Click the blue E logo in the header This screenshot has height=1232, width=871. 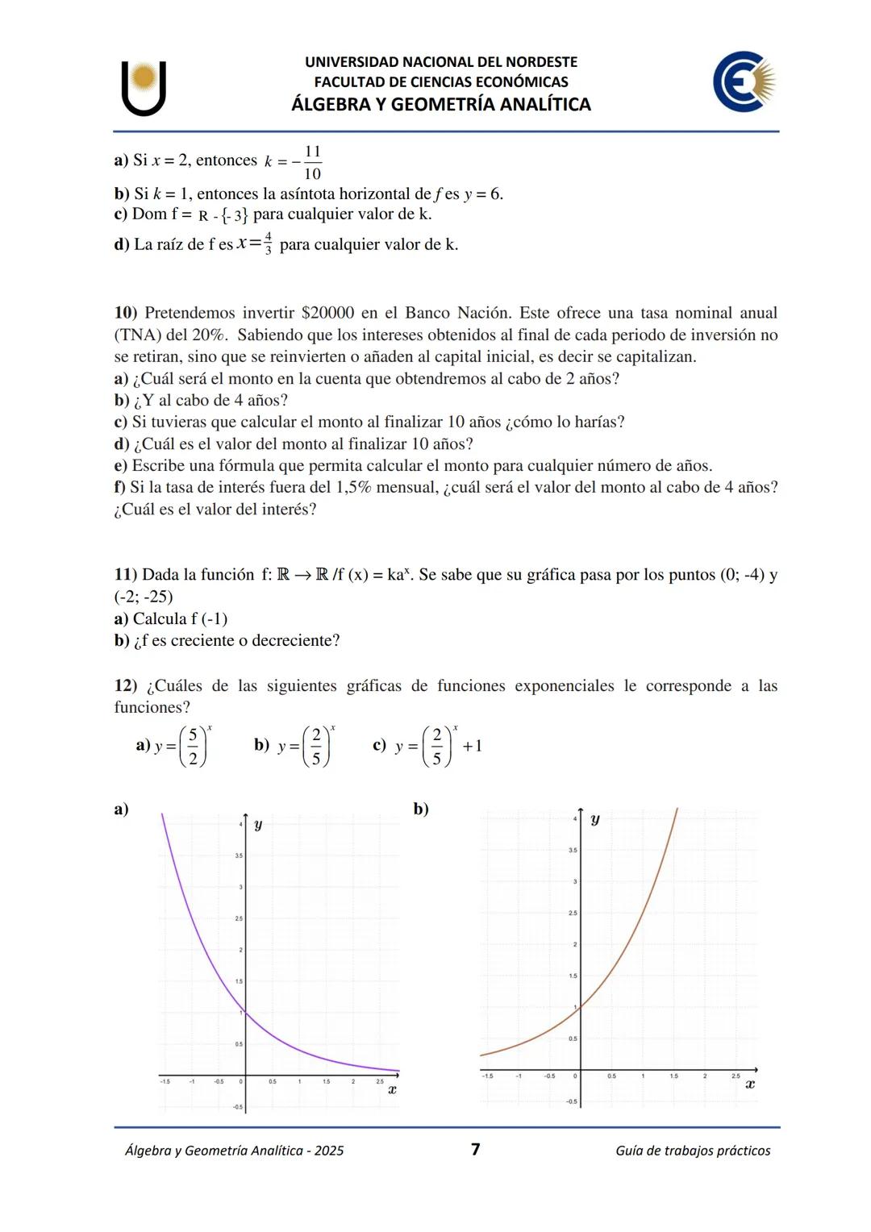click(742, 81)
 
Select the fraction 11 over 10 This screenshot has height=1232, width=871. click(312, 162)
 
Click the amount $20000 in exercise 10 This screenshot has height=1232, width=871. click(327, 313)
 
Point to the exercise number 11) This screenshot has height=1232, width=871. click(127, 575)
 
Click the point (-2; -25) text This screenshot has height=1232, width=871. click(144, 597)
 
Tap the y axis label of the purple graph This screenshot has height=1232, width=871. click(258, 825)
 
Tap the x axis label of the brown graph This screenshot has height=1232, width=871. click(749, 1084)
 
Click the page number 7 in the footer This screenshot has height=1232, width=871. click(475, 1149)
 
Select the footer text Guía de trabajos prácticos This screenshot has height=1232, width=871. click(692, 1151)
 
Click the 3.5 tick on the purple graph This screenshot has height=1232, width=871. click(238, 855)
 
